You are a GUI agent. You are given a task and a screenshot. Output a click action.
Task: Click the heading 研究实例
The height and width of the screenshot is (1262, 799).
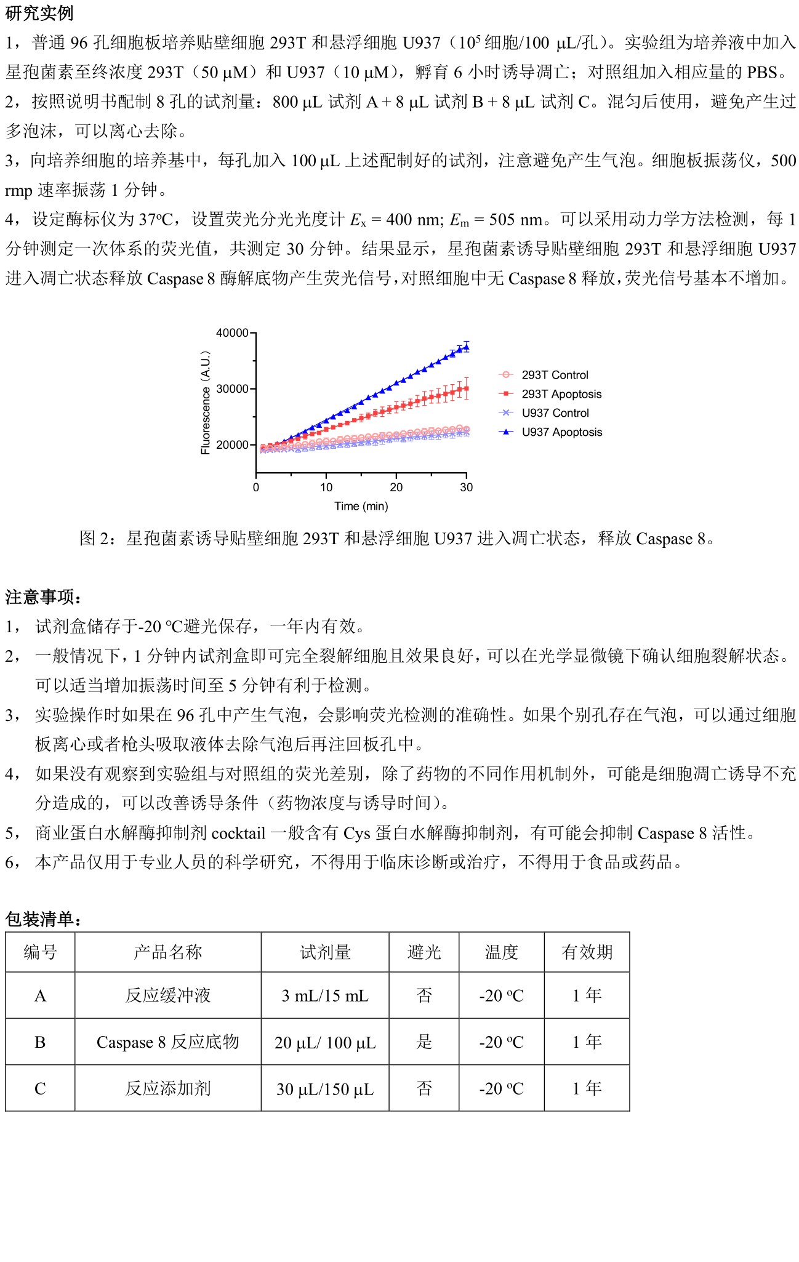(39, 13)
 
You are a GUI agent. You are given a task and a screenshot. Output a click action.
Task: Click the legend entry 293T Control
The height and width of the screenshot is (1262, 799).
(555, 375)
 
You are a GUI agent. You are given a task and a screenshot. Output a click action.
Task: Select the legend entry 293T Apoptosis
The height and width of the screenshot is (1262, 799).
(561, 394)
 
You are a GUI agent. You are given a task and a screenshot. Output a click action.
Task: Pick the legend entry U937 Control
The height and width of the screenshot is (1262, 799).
(555, 413)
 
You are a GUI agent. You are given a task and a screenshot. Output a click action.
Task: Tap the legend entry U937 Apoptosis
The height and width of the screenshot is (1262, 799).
(561, 432)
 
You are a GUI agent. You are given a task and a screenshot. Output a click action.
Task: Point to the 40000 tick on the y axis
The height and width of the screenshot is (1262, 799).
(232, 333)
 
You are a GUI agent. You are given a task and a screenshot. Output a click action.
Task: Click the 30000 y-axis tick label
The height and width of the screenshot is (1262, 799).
(232, 389)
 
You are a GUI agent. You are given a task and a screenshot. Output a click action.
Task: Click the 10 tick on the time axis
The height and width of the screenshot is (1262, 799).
(326, 488)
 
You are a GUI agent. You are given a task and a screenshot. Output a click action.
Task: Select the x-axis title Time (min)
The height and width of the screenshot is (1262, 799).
(361, 506)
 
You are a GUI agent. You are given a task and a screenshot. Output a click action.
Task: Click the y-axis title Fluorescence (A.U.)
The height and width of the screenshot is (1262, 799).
(206, 403)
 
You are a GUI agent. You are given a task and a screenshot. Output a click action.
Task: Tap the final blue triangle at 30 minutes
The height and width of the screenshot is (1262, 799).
(466, 347)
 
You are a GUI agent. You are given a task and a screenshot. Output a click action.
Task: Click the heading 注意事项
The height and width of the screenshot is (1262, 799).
(43, 597)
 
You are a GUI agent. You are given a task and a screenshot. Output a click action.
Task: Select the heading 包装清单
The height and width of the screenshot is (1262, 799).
(43, 919)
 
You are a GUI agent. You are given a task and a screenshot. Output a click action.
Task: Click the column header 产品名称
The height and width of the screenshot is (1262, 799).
(167, 952)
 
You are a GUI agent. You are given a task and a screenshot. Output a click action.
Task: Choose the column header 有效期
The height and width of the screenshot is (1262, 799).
(587, 952)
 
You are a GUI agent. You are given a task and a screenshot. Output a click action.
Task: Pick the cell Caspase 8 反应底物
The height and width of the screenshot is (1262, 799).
(167, 1042)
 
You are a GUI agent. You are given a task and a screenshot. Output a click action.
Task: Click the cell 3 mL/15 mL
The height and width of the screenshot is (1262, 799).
(325, 995)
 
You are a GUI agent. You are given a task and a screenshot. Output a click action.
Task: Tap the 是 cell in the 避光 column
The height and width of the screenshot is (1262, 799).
(424, 1042)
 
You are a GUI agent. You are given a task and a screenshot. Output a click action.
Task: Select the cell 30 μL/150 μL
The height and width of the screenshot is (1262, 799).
(325, 1088)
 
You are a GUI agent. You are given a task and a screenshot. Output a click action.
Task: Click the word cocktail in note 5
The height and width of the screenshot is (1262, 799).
(238, 834)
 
